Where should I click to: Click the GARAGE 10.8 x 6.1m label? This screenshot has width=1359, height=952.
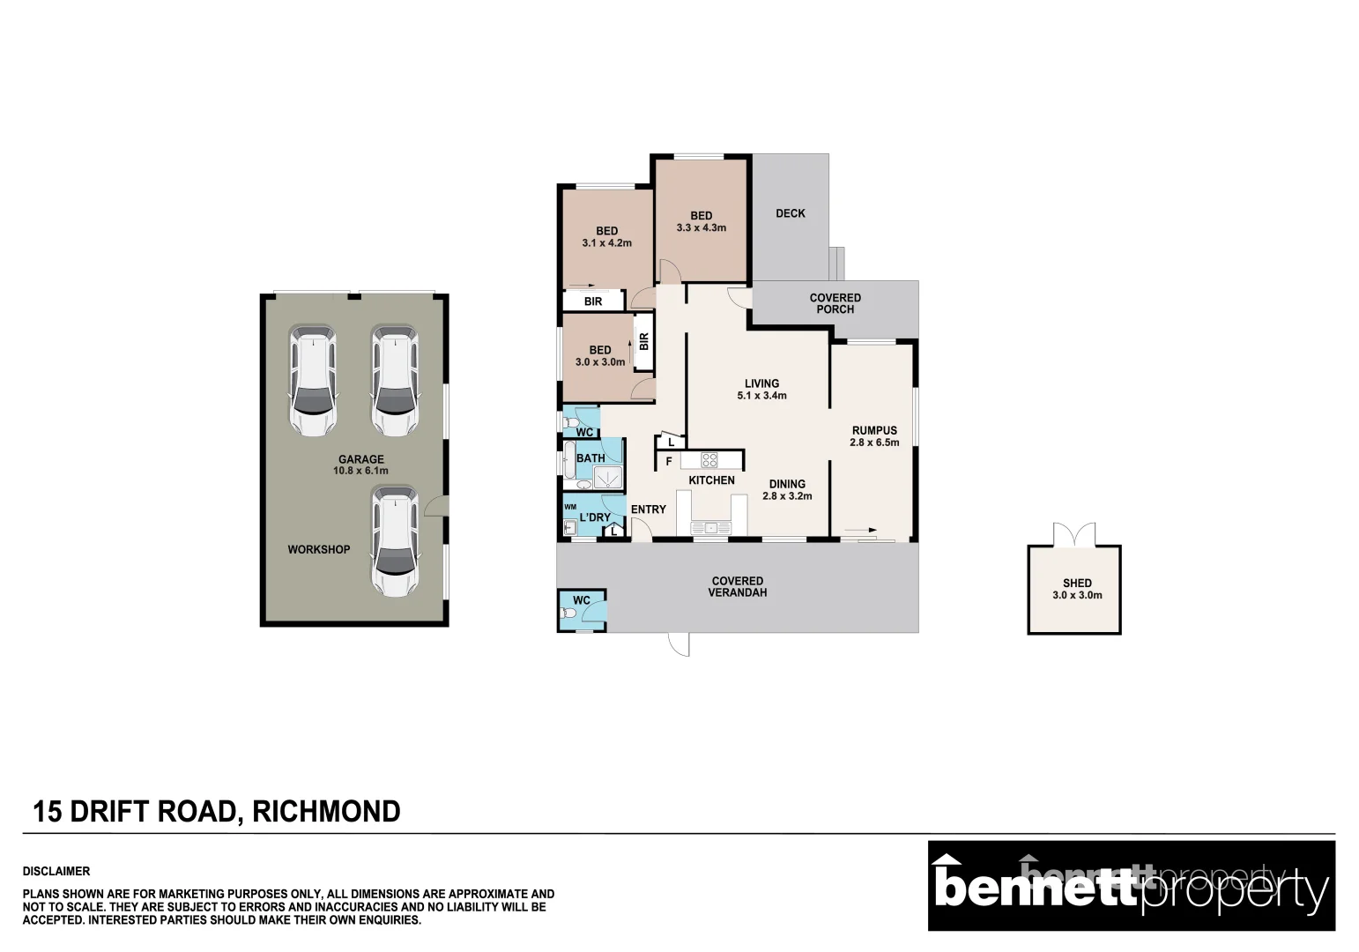click(x=361, y=465)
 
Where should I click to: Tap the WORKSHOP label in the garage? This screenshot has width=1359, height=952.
click(x=318, y=549)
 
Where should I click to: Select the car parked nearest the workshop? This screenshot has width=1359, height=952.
click(x=394, y=542)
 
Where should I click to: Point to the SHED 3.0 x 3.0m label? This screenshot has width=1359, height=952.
click(x=1077, y=589)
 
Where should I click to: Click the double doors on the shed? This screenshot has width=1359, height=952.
click(x=1074, y=534)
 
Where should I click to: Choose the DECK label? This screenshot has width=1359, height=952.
click(x=791, y=213)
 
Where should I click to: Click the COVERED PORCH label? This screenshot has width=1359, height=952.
click(x=835, y=303)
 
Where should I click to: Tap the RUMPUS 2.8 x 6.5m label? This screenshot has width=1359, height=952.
click(x=874, y=436)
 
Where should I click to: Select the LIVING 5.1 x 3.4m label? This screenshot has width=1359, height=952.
click(x=761, y=390)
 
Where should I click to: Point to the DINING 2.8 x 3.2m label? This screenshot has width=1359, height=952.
click(x=787, y=490)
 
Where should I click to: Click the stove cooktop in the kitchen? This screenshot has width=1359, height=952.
click(x=709, y=459)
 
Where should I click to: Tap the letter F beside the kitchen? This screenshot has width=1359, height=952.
click(x=669, y=461)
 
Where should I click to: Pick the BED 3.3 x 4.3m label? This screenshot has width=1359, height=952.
click(x=702, y=221)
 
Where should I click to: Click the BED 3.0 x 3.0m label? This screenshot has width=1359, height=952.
click(x=600, y=356)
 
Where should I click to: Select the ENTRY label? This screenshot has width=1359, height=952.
click(x=649, y=509)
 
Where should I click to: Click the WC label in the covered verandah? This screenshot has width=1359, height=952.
click(x=582, y=600)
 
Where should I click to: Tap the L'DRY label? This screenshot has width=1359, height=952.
click(x=595, y=517)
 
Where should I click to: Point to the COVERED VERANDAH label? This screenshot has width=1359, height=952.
click(x=738, y=586)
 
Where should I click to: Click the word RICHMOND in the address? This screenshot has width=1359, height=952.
click(x=327, y=811)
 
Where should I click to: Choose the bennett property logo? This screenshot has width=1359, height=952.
click(x=1131, y=886)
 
